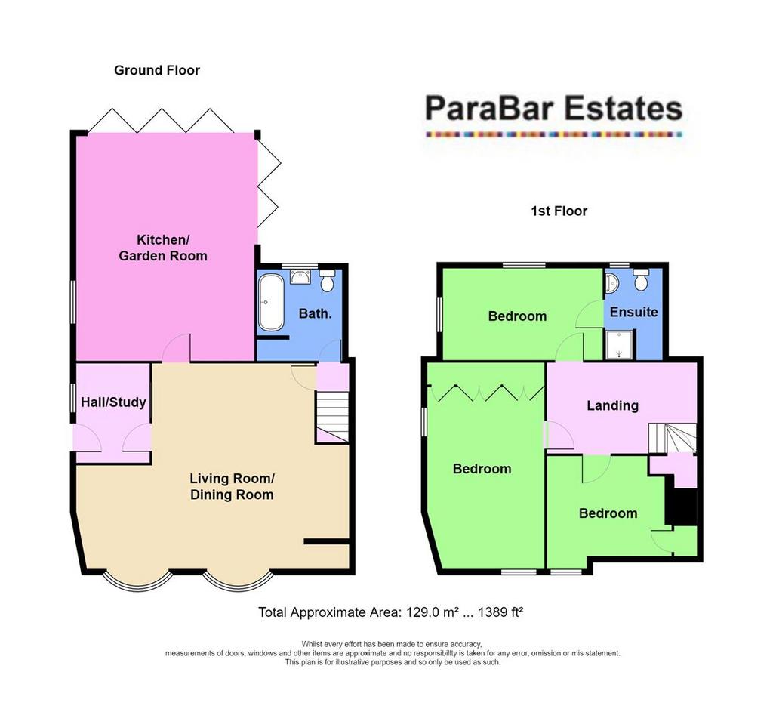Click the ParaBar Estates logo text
pyautogui.click(x=553, y=109)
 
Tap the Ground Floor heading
pyautogui.click(x=157, y=70)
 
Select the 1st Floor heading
pyautogui.click(x=559, y=211)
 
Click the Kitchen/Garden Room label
pyautogui.click(x=162, y=248)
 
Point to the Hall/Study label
pyautogui.click(x=113, y=402)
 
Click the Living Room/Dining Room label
pyautogui.click(x=231, y=486)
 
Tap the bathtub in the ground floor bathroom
pyautogui.click(x=270, y=303)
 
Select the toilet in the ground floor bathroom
pyautogui.click(x=328, y=281)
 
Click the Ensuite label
pyautogui.click(x=633, y=312)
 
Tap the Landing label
pyautogui.click(x=612, y=405)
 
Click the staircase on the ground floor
pyautogui.click(x=333, y=416)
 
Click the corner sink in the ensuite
pyautogui.click(x=611, y=282)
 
